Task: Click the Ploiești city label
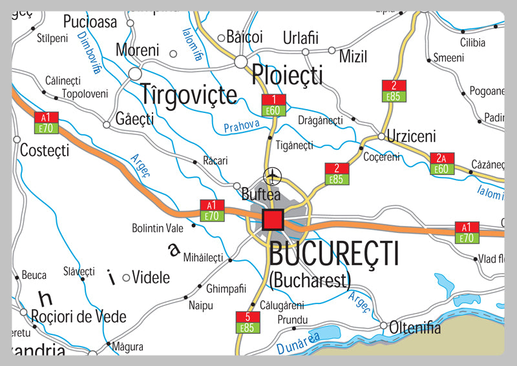[x=287, y=75]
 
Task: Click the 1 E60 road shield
[x=274, y=105]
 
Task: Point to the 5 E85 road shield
[x=247, y=322]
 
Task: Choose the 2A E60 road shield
[x=441, y=164]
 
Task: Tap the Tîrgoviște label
[x=189, y=94]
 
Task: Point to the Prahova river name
[x=242, y=127]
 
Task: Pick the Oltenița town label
[x=415, y=328]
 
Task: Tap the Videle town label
[x=151, y=278]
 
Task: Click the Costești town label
[x=45, y=150]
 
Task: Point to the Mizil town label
[x=353, y=56]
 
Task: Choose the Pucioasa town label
[x=90, y=22]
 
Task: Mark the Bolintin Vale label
[x=158, y=228]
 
